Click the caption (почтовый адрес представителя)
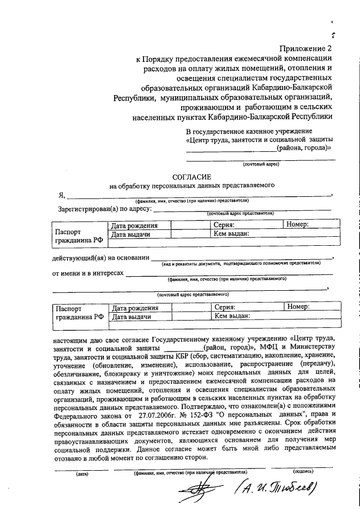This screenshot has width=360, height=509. (240, 214)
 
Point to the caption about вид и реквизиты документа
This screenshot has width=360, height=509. (241, 263)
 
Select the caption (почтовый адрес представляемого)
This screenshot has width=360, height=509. (192, 294)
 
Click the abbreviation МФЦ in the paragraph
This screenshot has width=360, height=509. (263, 348)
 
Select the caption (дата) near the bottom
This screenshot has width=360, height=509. (82, 474)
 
